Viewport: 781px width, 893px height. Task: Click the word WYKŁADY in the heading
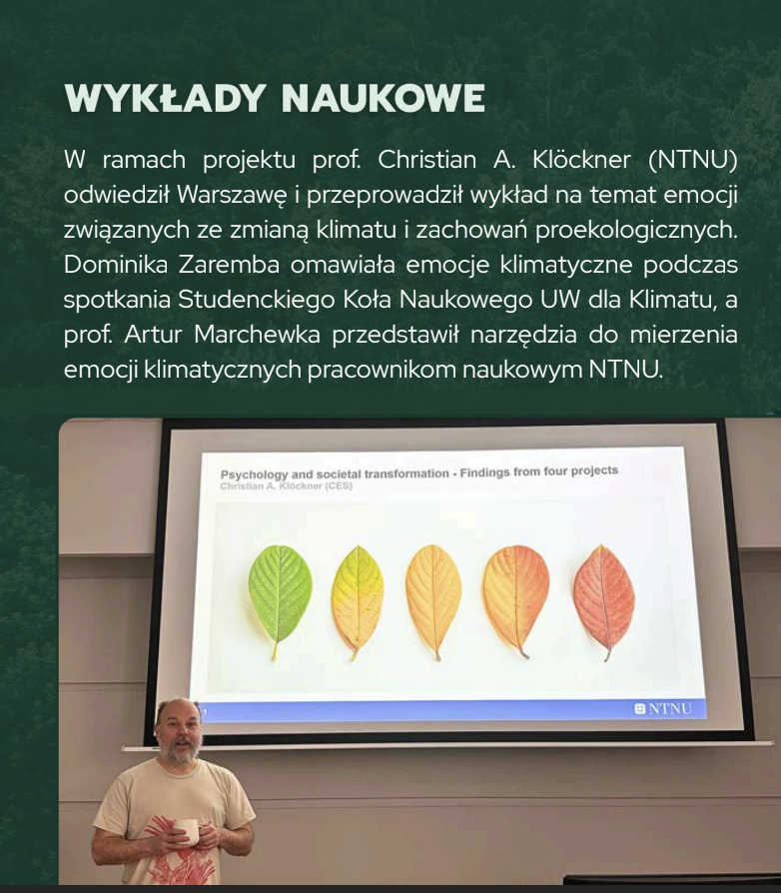pyautogui.click(x=165, y=98)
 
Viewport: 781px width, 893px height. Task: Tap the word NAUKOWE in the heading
pyautogui.click(x=384, y=98)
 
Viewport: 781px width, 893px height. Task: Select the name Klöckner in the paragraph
pyautogui.click(x=581, y=160)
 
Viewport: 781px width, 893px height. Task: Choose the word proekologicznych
pyautogui.click(x=636, y=230)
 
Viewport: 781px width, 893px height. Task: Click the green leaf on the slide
pyautogui.click(x=280, y=598)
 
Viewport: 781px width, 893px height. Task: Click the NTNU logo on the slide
pyautogui.click(x=662, y=709)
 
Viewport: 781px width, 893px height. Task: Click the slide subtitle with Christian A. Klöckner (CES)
pyautogui.click(x=287, y=485)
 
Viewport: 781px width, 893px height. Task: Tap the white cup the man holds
pyautogui.click(x=186, y=831)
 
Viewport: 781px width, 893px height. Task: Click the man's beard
pyautogui.click(x=180, y=749)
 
